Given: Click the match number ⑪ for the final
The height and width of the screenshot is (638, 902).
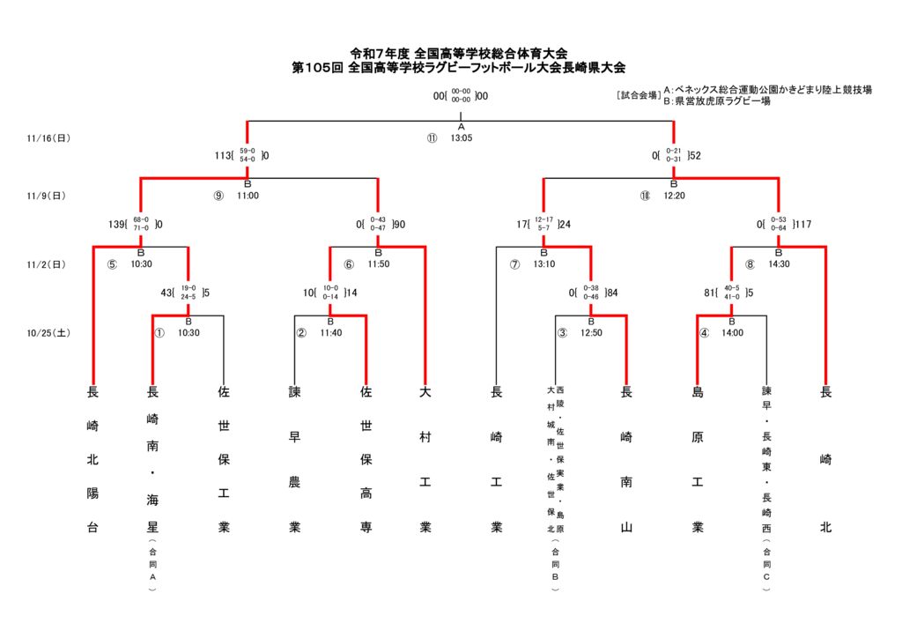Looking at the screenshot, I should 432,138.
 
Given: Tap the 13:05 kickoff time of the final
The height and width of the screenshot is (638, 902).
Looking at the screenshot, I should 462,138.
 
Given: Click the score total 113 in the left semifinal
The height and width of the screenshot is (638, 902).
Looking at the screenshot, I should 223,156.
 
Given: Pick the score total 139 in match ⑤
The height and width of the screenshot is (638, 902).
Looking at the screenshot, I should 117,225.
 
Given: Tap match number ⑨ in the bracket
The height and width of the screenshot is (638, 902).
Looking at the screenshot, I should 218,196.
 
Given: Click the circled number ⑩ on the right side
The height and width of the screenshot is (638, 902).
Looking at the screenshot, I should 645,196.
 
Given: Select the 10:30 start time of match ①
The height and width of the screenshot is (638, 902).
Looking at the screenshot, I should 189,333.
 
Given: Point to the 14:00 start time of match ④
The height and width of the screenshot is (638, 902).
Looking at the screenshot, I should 733,333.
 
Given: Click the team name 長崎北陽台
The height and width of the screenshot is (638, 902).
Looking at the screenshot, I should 92,459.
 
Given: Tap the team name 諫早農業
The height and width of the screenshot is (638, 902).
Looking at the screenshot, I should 295,459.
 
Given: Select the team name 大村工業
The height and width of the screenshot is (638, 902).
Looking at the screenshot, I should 425,459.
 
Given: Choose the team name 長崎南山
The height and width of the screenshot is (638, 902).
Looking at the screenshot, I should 626,459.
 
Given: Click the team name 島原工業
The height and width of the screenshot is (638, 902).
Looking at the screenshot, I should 698,459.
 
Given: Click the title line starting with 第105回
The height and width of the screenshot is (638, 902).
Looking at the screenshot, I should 458,68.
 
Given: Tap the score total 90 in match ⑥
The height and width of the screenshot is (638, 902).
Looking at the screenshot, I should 399,225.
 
